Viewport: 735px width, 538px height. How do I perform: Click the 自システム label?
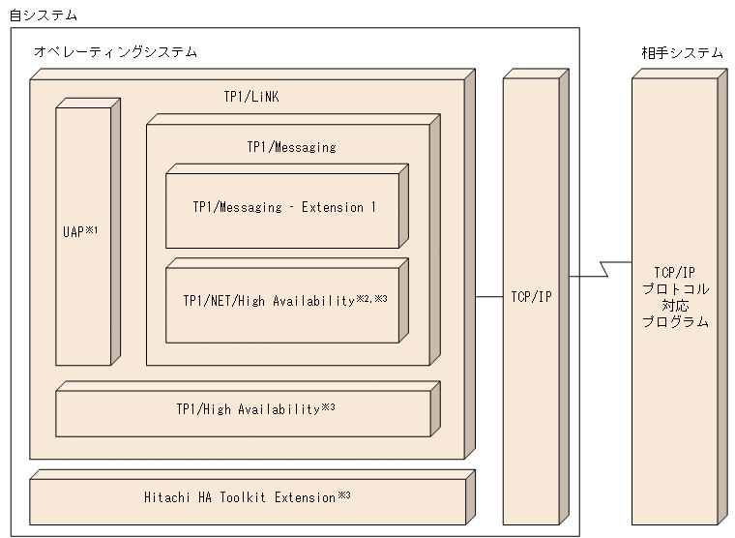(x=43, y=15)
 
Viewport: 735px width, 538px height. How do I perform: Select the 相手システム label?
(x=681, y=52)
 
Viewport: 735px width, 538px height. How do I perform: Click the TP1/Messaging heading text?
(x=291, y=147)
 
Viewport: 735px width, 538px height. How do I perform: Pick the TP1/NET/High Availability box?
(x=282, y=301)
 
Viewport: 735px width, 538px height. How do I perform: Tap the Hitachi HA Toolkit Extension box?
(x=247, y=498)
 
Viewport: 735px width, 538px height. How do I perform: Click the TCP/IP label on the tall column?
(x=531, y=297)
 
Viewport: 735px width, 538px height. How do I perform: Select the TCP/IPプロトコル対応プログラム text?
(x=675, y=297)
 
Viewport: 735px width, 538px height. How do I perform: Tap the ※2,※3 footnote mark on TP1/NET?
(x=373, y=298)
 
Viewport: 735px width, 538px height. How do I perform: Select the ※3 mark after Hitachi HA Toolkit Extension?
(x=343, y=495)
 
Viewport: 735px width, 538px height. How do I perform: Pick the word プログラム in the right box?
(x=675, y=321)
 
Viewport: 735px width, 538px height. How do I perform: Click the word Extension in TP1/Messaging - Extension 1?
(x=332, y=207)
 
